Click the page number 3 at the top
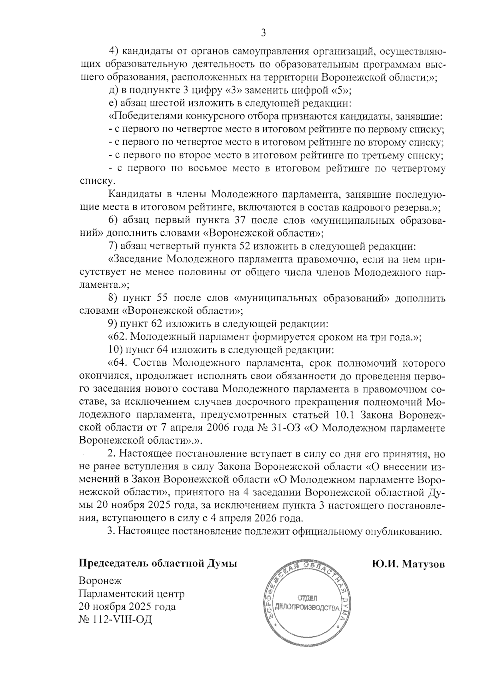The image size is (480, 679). (x=263, y=33)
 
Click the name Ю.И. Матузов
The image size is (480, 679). (x=408, y=564)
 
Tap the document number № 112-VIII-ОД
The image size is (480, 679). (x=116, y=620)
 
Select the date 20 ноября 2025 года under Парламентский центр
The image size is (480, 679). (x=127, y=607)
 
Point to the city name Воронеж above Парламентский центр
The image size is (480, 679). (x=100, y=581)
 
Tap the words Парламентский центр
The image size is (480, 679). (x=132, y=593)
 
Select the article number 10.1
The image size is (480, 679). (x=340, y=415)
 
